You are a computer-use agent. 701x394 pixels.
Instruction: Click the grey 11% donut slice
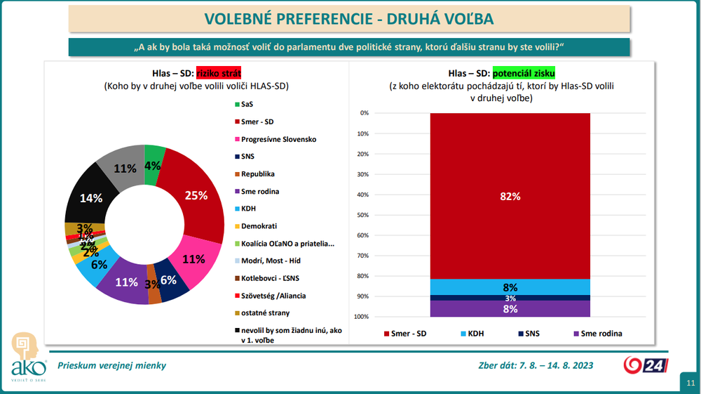coord(123,167)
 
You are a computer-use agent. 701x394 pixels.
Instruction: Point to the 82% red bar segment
coord(510,196)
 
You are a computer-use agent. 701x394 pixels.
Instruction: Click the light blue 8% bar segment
coord(510,287)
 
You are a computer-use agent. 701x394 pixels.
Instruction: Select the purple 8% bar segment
coord(510,309)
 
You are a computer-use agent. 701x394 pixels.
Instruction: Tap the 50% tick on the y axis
coord(364,215)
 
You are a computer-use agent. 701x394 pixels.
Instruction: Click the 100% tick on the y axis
coord(362,317)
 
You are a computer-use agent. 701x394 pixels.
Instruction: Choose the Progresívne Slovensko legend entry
coord(278,139)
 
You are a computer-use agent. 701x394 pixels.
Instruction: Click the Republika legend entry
coord(257,173)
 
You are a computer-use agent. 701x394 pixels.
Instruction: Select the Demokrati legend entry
coord(259,226)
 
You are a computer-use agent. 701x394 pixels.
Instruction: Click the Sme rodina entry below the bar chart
coord(597,334)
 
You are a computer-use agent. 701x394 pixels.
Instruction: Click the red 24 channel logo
coord(646,365)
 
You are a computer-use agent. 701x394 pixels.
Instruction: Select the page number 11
coord(690,382)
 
